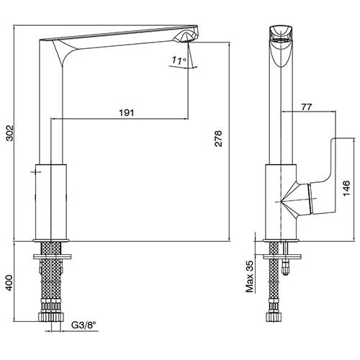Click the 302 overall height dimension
[x=10, y=133]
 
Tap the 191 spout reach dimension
[x=127, y=112]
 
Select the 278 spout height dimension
[x=218, y=138]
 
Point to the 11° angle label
[x=179, y=60]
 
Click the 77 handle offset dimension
[x=307, y=107]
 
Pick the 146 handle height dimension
[x=346, y=188]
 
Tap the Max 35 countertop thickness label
[x=250, y=276]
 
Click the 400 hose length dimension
[x=9, y=283]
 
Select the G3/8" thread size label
[x=84, y=325]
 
